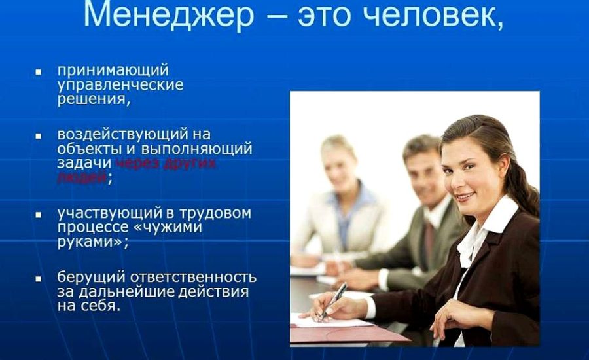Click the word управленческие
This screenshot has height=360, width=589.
(x=120, y=85)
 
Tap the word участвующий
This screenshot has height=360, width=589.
(x=109, y=213)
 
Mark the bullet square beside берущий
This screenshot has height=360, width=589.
(x=39, y=278)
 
